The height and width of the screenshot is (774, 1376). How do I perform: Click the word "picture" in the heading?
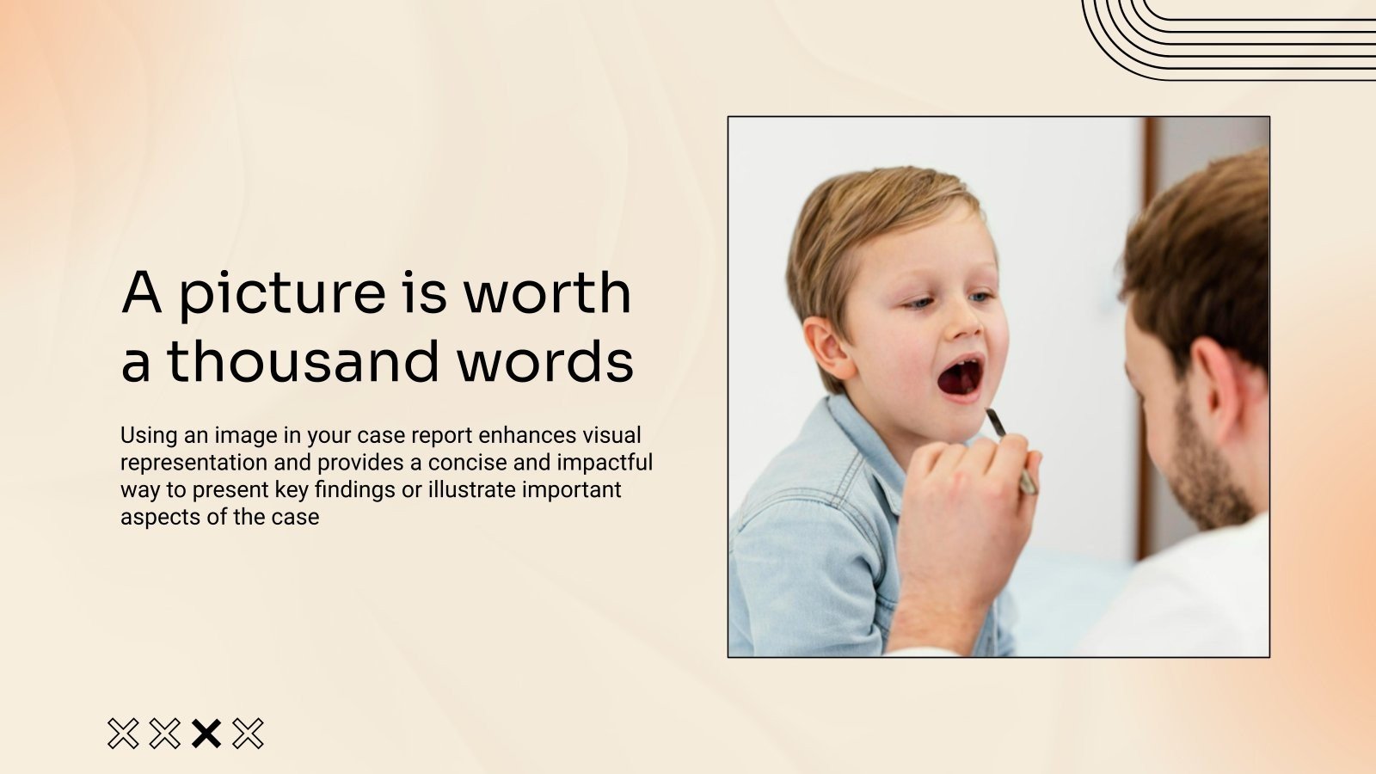pyautogui.click(x=281, y=294)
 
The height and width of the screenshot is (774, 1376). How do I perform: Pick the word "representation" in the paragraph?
pyautogui.click(x=193, y=463)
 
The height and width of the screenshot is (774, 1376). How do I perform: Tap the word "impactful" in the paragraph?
pyautogui.click(x=605, y=463)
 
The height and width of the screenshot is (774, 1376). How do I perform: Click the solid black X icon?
pyautogui.click(x=206, y=734)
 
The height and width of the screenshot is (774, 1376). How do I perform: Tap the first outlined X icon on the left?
pyautogui.click(x=123, y=734)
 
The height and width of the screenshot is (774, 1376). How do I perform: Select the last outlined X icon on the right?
pyautogui.click(x=249, y=734)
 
